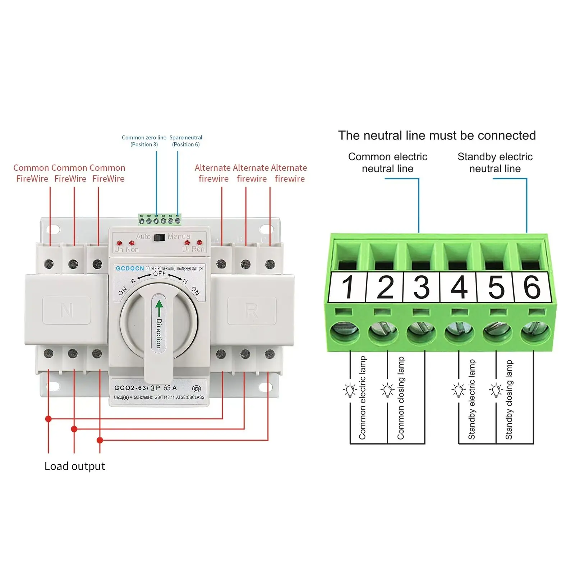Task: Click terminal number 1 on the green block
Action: (x=348, y=287)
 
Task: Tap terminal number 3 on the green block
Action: (x=422, y=287)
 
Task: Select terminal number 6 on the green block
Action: (x=532, y=287)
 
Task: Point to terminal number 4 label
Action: (x=459, y=287)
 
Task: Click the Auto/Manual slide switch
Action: (x=159, y=237)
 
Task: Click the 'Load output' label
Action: (x=75, y=466)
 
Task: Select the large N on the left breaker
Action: (x=66, y=310)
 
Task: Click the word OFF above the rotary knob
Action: (x=160, y=274)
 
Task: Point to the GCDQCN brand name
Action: (x=130, y=268)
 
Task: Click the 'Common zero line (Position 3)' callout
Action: (x=144, y=141)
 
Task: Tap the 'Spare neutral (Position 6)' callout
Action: (x=186, y=141)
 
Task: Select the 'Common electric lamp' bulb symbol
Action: (x=350, y=390)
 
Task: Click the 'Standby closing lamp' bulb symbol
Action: (x=496, y=390)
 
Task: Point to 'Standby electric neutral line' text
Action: (x=495, y=163)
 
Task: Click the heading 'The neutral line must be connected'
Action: (x=437, y=135)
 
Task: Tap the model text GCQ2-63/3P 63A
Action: (x=146, y=388)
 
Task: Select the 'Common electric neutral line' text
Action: (x=387, y=163)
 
